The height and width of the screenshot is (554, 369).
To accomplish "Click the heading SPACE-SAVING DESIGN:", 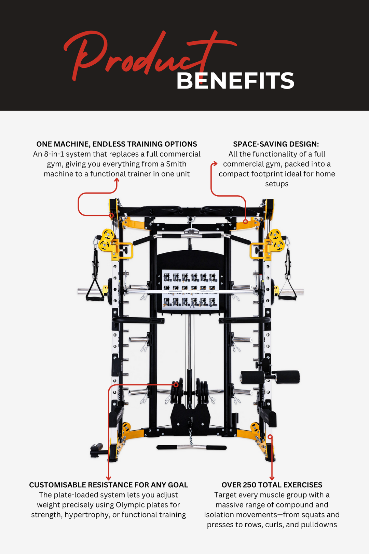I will point(276,144).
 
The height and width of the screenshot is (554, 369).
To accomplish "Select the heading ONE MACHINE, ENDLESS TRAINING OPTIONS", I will point(117,144).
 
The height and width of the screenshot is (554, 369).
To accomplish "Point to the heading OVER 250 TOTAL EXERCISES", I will point(272,485).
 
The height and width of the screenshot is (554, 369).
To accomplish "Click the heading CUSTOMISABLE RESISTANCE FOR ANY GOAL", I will point(108,485).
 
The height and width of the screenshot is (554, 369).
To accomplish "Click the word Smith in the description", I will point(176,164).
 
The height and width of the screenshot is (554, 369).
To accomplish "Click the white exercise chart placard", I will point(190,289).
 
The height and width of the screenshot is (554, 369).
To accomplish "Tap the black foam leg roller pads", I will point(270,377).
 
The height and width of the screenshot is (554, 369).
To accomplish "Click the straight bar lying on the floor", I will point(191,447).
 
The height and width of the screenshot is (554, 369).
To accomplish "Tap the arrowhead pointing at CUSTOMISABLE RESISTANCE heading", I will point(109,478).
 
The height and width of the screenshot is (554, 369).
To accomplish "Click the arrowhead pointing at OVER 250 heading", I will point(272,478).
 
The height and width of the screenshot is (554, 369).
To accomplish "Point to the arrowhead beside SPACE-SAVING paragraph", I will point(215,164).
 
